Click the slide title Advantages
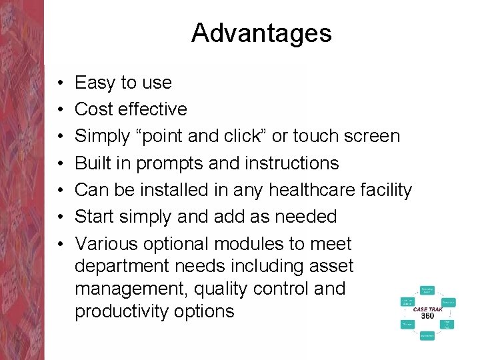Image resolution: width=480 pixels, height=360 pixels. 261,33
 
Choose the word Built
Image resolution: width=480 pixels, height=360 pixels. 93,163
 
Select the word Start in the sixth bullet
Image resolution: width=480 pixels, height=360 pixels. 96,217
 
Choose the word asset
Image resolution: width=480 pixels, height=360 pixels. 331,266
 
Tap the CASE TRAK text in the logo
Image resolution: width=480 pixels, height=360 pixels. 427,309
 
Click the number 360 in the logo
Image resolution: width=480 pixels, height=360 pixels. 427,316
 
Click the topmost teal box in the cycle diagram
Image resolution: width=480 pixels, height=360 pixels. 427,290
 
